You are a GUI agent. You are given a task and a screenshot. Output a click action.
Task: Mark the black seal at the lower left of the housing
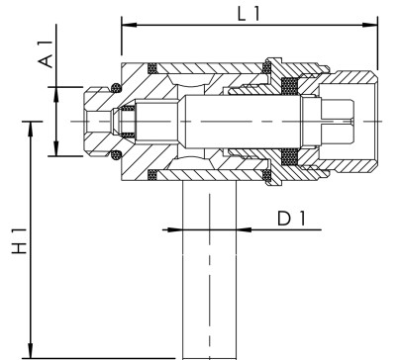[152, 176]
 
